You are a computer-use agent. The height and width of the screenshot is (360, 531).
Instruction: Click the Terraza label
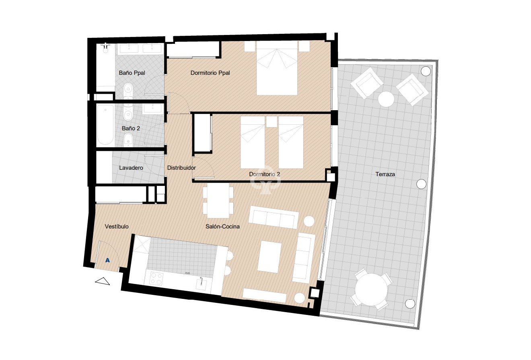pyautogui.click(x=385, y=175)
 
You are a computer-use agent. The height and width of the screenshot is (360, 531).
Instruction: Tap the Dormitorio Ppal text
pyautogui.click(x=210, y=73)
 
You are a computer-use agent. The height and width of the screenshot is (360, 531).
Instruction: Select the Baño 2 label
pyautogui.click(x=130, y=129)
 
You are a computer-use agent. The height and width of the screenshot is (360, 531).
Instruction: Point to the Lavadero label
pyautogui.click(x=131, y=168)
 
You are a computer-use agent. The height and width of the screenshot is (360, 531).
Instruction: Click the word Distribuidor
pyautogui.click(x=181, y=168)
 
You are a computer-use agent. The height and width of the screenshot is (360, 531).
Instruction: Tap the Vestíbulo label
pyautogui.click(x=117, y=226)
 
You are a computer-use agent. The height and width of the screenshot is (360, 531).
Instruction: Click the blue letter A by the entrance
pyautogui.click(x=107, y=260)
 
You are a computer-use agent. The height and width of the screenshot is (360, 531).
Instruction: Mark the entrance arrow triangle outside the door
pyautogui.click(x=103, y=282)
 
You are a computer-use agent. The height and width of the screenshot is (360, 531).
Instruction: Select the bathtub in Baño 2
pyautogui.click(x=105, y=125)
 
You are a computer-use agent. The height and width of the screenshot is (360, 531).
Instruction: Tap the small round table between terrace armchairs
pyautogui.click(x=386, y=99)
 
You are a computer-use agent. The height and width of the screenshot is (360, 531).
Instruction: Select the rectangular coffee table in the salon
pyautogui.click(x=270, y=257)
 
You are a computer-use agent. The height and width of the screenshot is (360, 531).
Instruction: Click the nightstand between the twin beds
pyautogui.click(x=272, y=121)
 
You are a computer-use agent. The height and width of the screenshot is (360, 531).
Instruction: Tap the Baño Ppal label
pyautogui.click(x=132, y=73)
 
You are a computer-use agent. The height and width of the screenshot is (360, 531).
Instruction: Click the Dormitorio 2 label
pyautogui.click(x=264, y=174)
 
